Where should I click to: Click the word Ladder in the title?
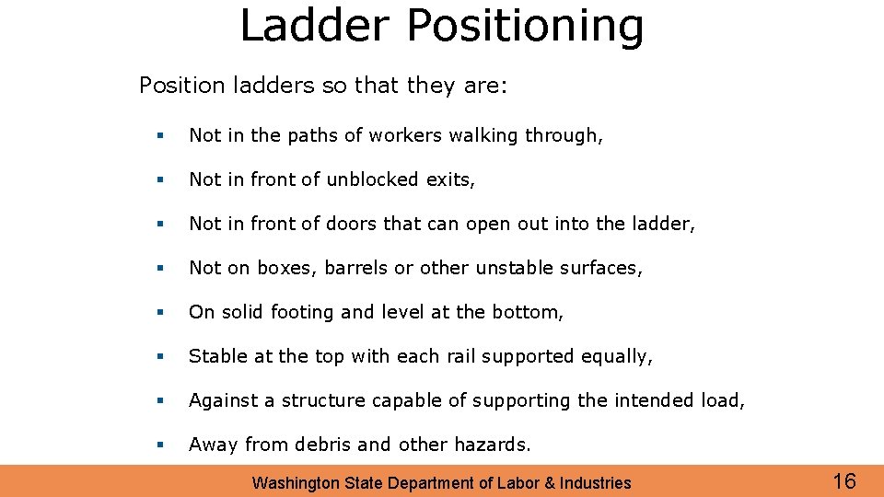click(x=316, y=25)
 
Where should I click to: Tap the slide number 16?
click(x=843, y=480)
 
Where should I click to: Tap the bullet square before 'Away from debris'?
click(x=160, y=445)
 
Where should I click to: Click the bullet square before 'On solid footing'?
click(x=160, y=313)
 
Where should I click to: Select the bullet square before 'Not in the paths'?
click(x=160, y=136)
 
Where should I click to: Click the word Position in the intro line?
click(x=181, y=86)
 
